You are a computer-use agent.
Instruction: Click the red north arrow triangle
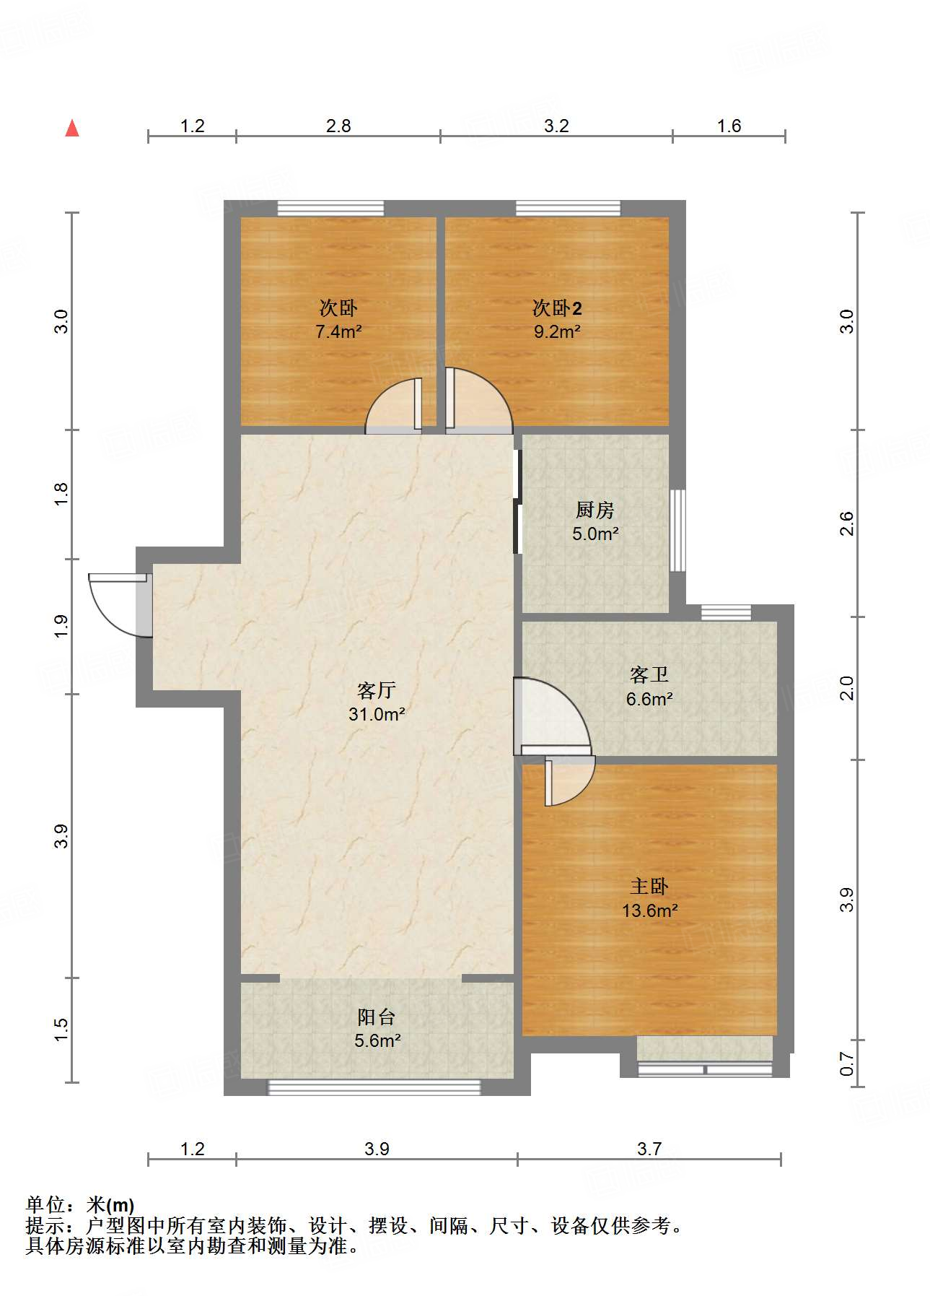pos(72,129)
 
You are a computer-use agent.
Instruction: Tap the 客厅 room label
pos(376,691)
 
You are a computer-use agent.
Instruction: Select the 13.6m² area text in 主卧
pos(649,911)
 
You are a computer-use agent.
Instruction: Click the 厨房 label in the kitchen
pos(595,510)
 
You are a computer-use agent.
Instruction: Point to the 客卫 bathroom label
pos(649,675)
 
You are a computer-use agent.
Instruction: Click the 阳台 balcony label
pos(376,1017)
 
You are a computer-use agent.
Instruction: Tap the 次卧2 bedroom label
pos(557,308)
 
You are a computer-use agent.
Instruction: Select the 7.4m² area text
pos(338,332)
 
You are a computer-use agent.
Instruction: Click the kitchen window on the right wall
pos(677,531)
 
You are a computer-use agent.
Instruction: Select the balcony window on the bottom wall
pos(374,1087)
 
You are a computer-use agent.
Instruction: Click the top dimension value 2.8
pos(338,126)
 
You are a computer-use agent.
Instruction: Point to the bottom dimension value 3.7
pos(649,1149)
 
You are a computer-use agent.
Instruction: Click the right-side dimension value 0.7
pos(846,1064)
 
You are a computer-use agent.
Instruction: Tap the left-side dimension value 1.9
pos(61,625)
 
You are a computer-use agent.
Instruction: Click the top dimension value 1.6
pos(729,126)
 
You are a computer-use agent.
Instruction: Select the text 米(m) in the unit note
pos(110,1205)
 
